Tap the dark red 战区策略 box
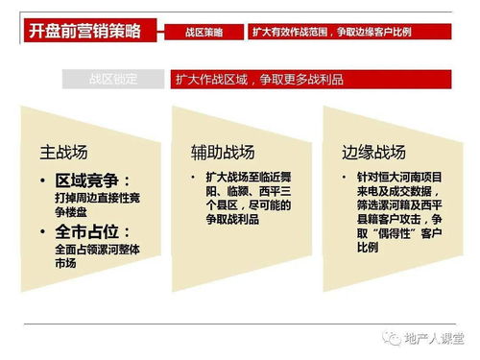click(204, 32)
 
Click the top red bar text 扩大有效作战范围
click(289, 32)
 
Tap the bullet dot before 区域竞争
click(44, 180)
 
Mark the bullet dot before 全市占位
click(44, 232)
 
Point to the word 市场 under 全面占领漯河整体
click(66, 263)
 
